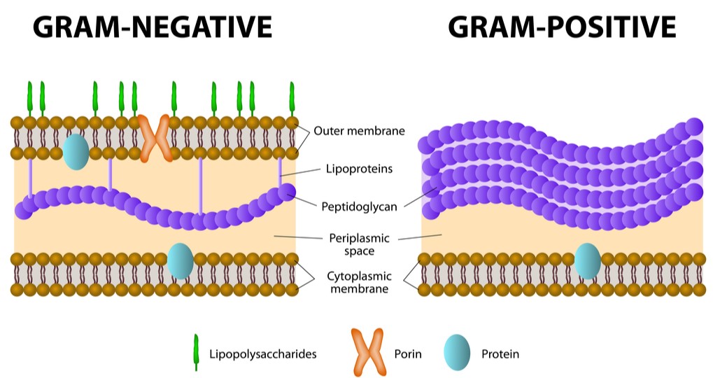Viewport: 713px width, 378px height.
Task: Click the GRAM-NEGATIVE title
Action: tap(153, 28)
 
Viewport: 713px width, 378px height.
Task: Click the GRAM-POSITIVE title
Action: tap(562, 28)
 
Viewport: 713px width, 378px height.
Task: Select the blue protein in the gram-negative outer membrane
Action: tap(76, 152)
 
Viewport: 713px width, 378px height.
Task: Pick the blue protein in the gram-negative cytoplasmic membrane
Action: tap(180, 260)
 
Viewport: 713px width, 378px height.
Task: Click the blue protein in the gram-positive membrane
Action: tap(587, 260)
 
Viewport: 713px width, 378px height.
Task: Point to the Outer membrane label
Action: tap(359, 131)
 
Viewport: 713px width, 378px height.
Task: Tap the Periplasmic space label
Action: tap(359, 245)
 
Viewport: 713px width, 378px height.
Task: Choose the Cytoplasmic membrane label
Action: tap(358, 281)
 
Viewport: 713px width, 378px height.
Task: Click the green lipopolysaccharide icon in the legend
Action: tap(197, 352)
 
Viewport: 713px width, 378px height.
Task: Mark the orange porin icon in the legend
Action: tap(368, 352)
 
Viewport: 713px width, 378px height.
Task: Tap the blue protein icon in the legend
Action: tap(458, 352)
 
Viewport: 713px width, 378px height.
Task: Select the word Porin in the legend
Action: tap(408, 354)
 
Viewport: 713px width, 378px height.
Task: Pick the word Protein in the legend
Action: tap(500, 354)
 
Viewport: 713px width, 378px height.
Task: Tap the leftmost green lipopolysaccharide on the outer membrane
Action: tap(30, 99)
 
